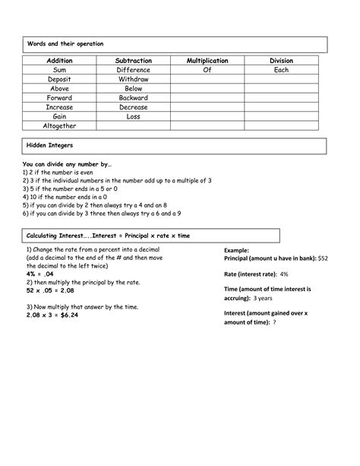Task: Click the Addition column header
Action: pyautogui.click(x=59, y=60)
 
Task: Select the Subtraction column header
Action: pyautogui.click(x=133, y=60)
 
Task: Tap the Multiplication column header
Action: pyautogui.click(x=207, y=60)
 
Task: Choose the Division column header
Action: pyautogui.click(x=281, y=60)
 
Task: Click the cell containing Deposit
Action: pyautogui.click(x=59, y=79)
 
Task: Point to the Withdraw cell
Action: pyautogui.click(x=133, y=79)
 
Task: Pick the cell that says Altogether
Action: pyautogui.click(x=59, y=126)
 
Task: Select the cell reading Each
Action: pyautogui.click(x=281, y=70)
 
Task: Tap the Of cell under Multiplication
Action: pyautogui.click(x=207, y=70)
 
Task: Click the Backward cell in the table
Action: pyautogui.click(x=133, y=98)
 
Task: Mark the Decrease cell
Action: pyautogui.click(x=133, y=107)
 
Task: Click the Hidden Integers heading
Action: pyautogui.click(x=49, y=144)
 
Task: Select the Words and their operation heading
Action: pyautogui.click(x=65, y=44)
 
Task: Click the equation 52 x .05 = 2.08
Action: pyautogui.click(x=51, y=290)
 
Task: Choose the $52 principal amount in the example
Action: pyautogui.click(x=323, y=258)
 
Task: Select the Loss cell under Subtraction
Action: pyautogui.click(x=133, y=117)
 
